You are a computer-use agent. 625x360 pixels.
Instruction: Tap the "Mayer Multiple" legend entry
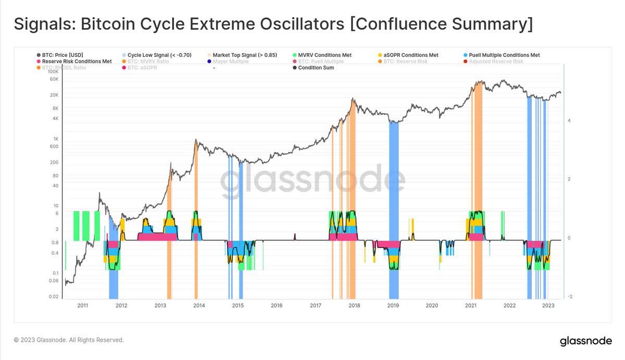coord(231,61)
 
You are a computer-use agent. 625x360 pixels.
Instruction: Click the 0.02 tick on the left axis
coord(54,296)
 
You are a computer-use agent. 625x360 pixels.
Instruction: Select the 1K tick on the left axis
coord(55,139)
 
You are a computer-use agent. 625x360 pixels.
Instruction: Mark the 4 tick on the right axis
coord(569,121)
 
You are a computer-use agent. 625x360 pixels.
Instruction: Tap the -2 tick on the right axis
coord(570,296)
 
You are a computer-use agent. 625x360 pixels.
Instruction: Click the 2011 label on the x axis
coord(82,306)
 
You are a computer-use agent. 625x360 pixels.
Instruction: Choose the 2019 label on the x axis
coord(393,306)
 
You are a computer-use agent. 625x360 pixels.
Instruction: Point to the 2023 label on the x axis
coord(548,306)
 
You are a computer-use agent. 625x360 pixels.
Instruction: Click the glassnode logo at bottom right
coord(586,342)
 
